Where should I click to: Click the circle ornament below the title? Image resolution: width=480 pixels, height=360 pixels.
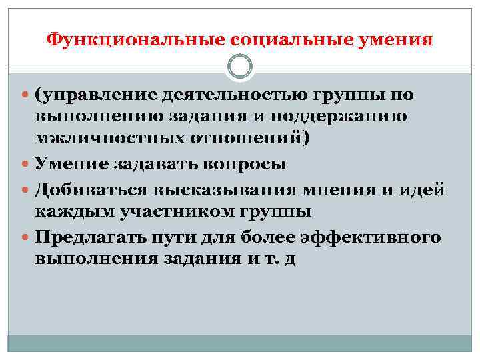coord(240,67)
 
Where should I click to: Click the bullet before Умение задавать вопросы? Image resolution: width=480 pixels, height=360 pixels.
coord(26,165)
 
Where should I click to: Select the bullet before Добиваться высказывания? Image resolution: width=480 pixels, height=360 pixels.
coord(26,190)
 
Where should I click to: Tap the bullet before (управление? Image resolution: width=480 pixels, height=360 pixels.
coord(26,96)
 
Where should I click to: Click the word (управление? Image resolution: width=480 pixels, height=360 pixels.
coord(93,95)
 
